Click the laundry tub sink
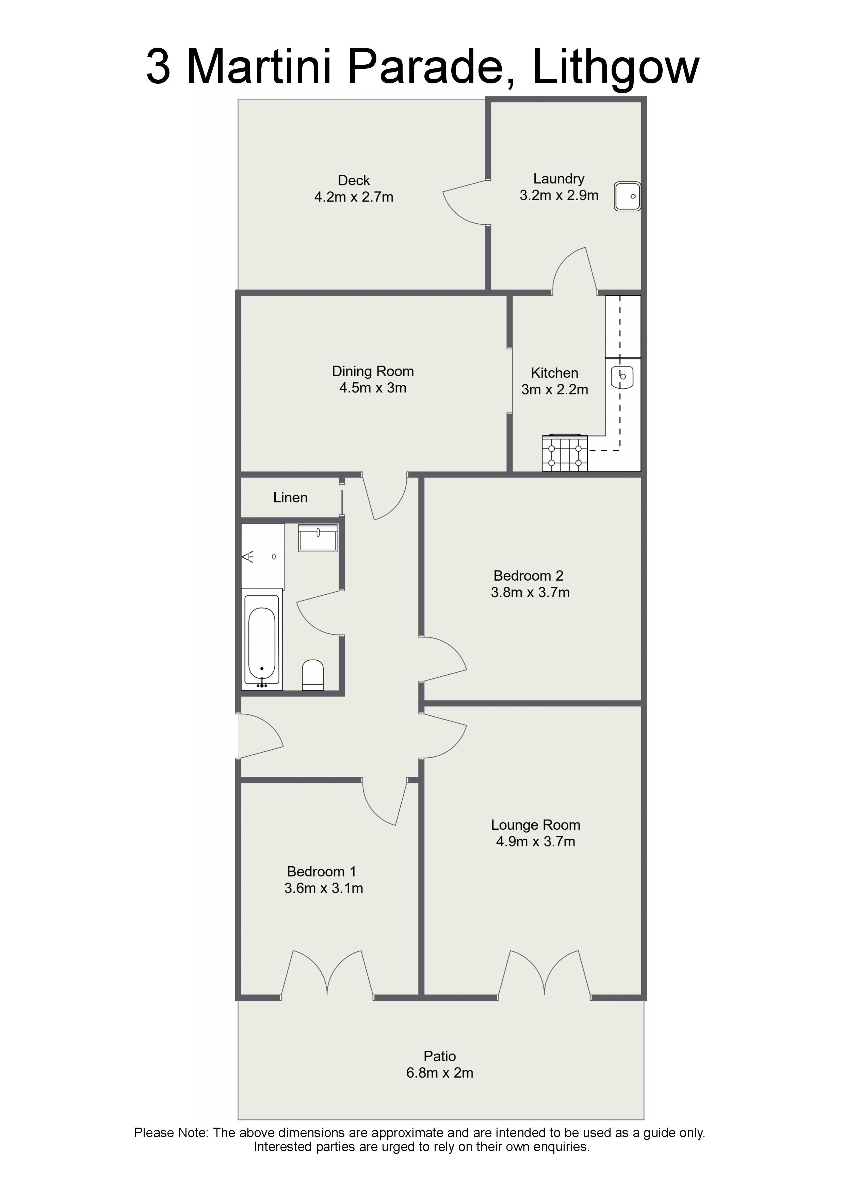[x=627, y=196]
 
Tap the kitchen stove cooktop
[x=565, y=453]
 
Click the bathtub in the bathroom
[x=263, y=642]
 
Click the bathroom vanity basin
[x=318, y=538]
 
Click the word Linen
[x=290, y=498]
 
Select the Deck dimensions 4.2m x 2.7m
[x=354, y=197]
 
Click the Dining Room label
[x=373, y=371]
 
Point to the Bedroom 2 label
[x=528, y=576]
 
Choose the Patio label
[x=440, y=1056]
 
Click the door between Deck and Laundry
[x=465, y=203]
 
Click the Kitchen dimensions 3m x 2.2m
[x=555, y=389]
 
